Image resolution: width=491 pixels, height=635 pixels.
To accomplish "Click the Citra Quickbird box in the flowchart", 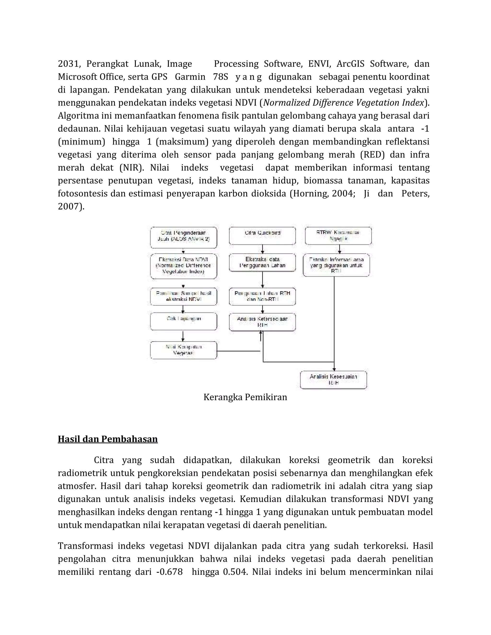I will [x=262, y=236].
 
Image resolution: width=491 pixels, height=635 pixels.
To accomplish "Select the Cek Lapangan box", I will [x=184, y=321].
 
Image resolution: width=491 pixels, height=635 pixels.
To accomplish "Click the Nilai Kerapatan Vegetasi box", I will [x=184, y=350].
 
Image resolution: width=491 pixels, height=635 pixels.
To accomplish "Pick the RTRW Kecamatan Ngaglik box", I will [x=338, y=236].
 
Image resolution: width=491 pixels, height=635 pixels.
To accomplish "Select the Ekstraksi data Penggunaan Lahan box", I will [x=262, y=263].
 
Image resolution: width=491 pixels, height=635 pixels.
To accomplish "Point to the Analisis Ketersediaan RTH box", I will [x=262, y=322].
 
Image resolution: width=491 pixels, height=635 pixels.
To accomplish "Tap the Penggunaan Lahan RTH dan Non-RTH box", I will [x=262, y=296].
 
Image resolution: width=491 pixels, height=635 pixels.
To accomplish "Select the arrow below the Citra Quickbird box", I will [x=263, y=249].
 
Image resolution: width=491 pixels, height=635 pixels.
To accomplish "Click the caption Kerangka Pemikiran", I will [x=245, y=397].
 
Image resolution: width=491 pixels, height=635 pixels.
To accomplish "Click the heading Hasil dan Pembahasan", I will [x=108, y=439].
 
